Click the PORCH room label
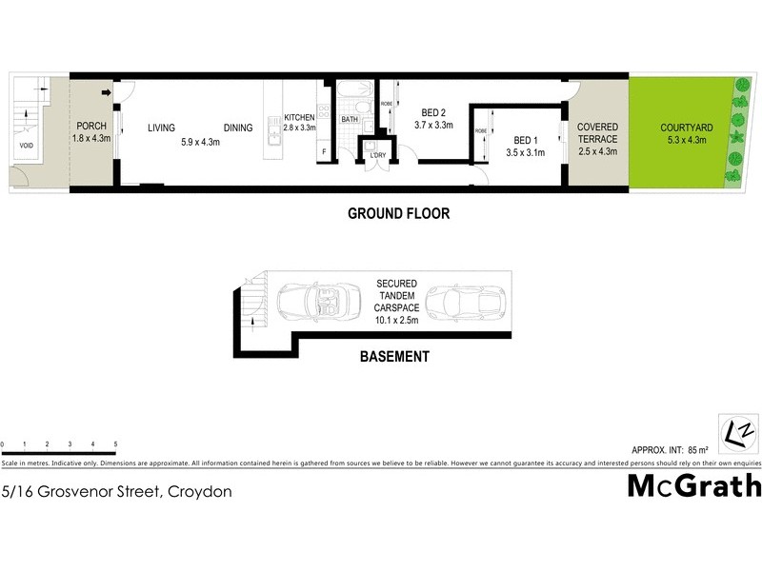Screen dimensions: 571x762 pyautogui.click(x=91, y=127)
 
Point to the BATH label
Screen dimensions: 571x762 pyautogui.click(x=350, y=120)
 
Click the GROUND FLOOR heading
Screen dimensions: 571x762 pyautogui.click(x=399, y=214)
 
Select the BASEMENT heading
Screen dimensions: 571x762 pyautogui.click(x=393, y=357)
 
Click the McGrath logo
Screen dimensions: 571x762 pyautogui.click(x=693, y=486)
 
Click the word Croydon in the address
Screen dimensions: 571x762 pyautogui.click(x=199, y=492)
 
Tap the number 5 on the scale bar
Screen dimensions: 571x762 pyautogui.click(x=115, y=444)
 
